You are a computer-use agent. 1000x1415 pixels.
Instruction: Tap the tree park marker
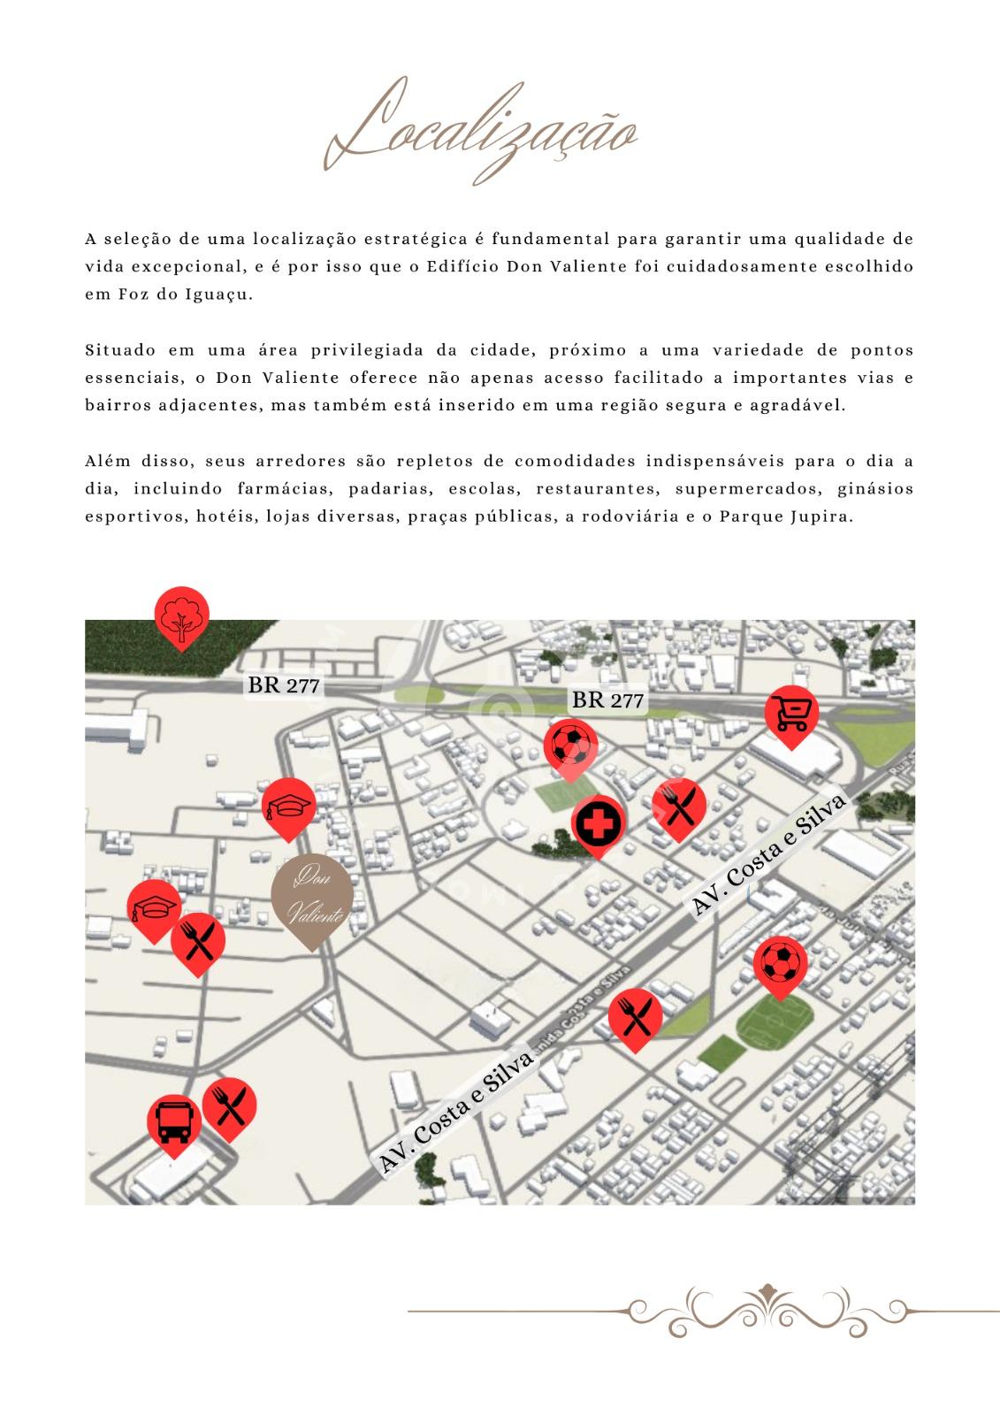click(181, 616)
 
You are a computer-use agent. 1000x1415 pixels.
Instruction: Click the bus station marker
click(173, 1121)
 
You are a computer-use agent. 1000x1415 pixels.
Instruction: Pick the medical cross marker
click(599, 823)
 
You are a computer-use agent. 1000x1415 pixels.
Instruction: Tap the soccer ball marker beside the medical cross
click(570, 746)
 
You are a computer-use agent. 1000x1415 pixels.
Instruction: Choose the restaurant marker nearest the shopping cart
click(679, 806)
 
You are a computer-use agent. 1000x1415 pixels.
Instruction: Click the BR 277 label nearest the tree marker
click(284, 685)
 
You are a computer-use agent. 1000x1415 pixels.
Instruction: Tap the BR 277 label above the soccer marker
click(608, 700)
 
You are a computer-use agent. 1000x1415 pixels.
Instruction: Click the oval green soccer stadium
click(773, 1023)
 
